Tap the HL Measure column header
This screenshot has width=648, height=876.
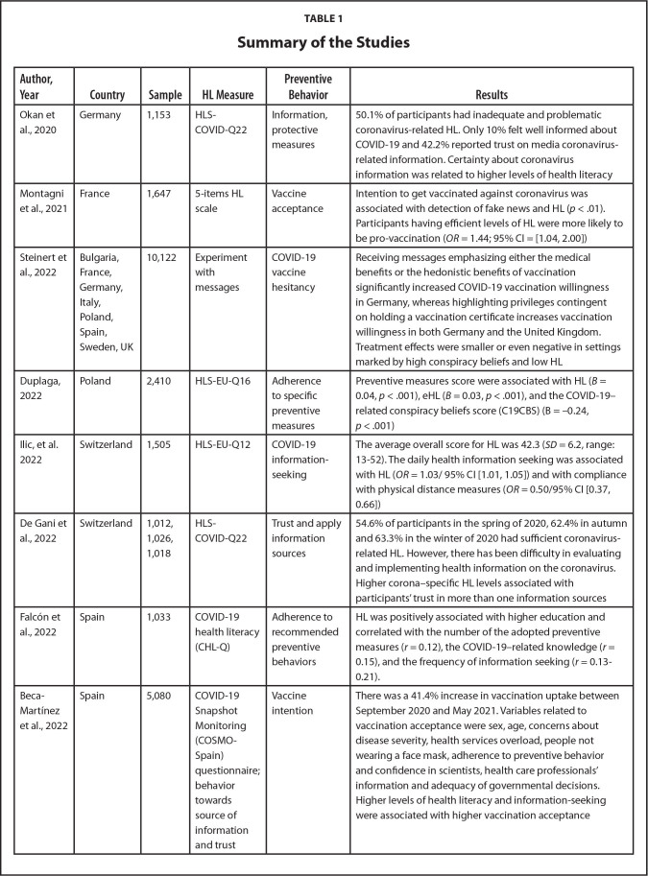[216, 95]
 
